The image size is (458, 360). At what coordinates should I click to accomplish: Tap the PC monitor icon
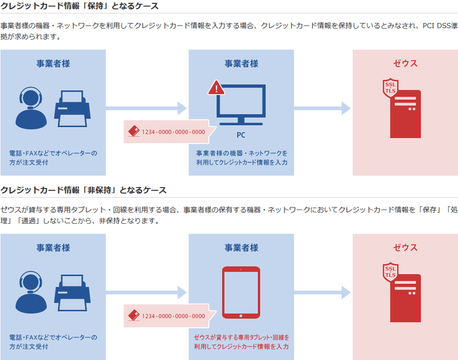point(241,105)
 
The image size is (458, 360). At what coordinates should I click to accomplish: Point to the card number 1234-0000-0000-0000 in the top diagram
point(173,132)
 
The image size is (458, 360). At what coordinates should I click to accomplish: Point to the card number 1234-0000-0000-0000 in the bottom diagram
point(173,316)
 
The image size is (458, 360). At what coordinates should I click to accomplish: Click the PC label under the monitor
point(241,135)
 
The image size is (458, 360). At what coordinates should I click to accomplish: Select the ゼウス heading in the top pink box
point(405,63)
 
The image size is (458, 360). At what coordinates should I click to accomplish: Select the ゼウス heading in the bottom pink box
point(405,247)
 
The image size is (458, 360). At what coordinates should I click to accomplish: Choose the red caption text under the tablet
point(241,341)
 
